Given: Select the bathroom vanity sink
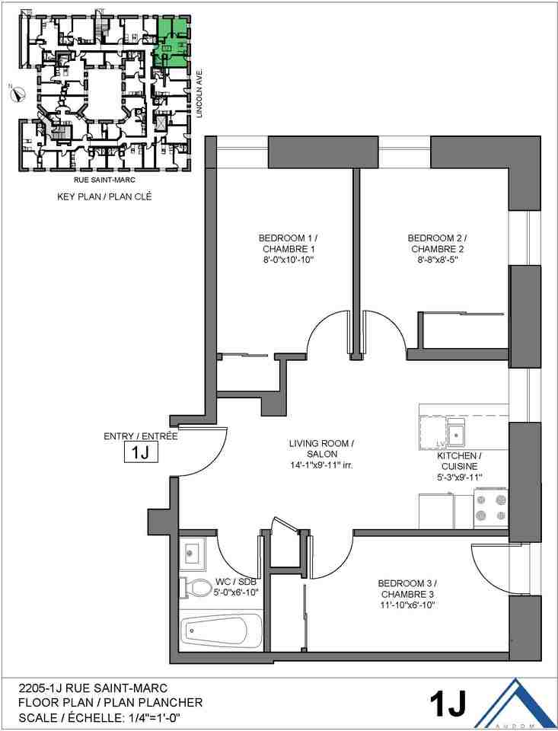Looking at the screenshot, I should (191, 552).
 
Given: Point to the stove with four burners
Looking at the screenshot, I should (491, 509).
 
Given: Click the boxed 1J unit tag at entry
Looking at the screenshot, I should (140, 454).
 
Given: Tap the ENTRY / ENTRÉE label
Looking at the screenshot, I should (140, 436).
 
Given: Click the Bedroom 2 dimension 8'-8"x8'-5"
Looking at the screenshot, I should (436, 261).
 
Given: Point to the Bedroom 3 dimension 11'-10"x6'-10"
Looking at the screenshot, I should (407, 606).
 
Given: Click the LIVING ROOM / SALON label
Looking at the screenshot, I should (320, 455).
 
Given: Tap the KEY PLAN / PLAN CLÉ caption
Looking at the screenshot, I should (104, 196).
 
